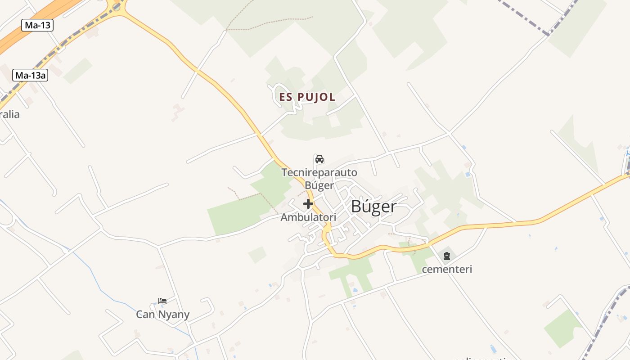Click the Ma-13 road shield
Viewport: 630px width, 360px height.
point(37,25)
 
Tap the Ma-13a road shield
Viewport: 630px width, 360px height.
point(30,75)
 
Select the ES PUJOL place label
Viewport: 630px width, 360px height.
point(307,97)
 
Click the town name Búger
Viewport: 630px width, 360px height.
point(373,207)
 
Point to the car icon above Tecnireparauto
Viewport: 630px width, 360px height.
point(319,159)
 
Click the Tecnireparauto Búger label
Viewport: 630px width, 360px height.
point(319,179)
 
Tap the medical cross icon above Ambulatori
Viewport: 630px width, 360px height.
point(308,204)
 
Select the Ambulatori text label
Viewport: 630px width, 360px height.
point(308,217)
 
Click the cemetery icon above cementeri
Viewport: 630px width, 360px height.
point(446,256)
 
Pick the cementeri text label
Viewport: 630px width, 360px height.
point(447,270)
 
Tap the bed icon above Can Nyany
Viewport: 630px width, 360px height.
point(162,301)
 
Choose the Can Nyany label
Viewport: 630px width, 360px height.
point(163,315)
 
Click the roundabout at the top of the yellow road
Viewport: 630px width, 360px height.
point(117,6)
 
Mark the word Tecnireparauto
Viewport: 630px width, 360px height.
point(319,172)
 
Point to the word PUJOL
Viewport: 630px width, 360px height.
point(317,97)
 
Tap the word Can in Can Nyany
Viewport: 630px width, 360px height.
point(145,315)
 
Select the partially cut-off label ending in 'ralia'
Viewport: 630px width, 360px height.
point(10,114)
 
